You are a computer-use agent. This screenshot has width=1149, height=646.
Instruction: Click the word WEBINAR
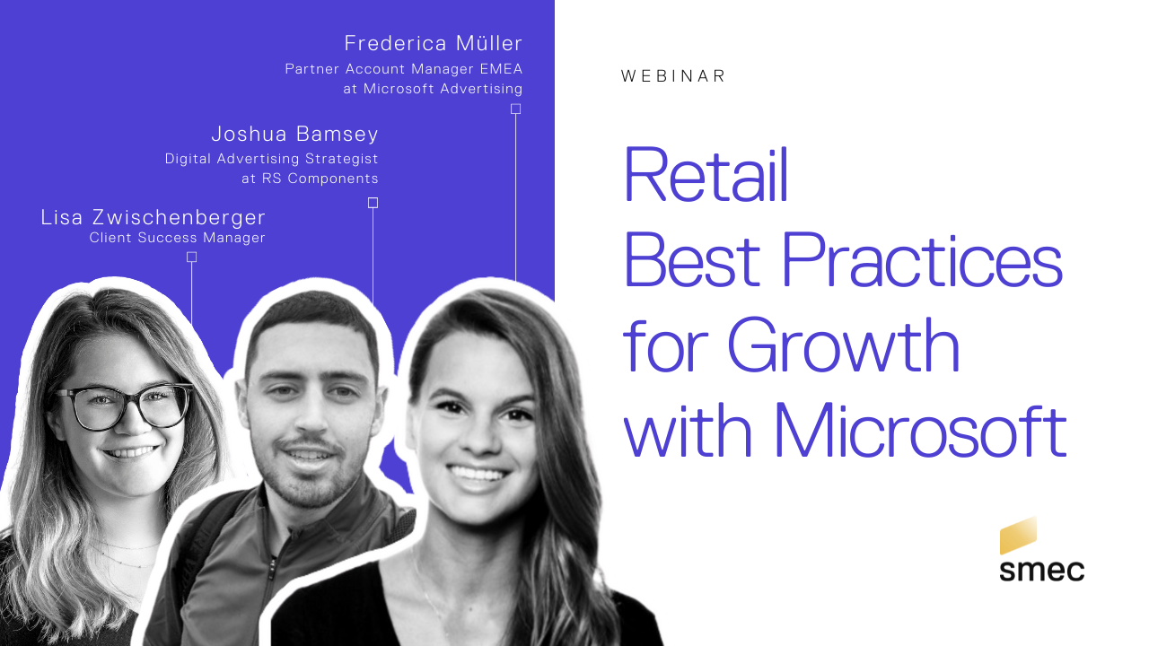[672, 76]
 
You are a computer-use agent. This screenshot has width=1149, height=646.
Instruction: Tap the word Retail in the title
[706, 174]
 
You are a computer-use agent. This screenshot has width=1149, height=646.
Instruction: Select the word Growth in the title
[843, 345]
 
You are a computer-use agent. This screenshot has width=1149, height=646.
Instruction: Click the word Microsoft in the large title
[921, 430]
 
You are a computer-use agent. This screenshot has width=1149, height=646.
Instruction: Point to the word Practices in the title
[922, 259]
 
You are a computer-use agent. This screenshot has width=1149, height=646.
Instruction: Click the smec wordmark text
[1042, 571]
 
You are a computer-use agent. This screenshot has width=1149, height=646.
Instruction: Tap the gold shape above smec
[1018, 536]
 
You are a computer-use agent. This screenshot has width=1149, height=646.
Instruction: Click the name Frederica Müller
[433, 43]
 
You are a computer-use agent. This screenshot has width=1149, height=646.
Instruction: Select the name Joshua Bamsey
[294, 134]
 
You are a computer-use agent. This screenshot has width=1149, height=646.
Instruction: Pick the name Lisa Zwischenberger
[153, 217]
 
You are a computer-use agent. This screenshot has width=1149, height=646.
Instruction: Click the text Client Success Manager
[177, 238]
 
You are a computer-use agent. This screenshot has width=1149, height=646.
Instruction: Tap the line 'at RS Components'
[310, 179]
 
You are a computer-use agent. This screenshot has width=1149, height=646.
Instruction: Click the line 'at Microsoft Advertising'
[433, 89]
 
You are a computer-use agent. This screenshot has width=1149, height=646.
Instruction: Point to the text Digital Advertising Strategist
[271, 159]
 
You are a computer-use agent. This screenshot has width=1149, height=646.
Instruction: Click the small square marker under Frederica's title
[515, 109]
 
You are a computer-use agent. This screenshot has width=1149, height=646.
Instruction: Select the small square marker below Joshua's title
[373, 203]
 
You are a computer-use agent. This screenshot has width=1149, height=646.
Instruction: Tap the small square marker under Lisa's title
[191, 257]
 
